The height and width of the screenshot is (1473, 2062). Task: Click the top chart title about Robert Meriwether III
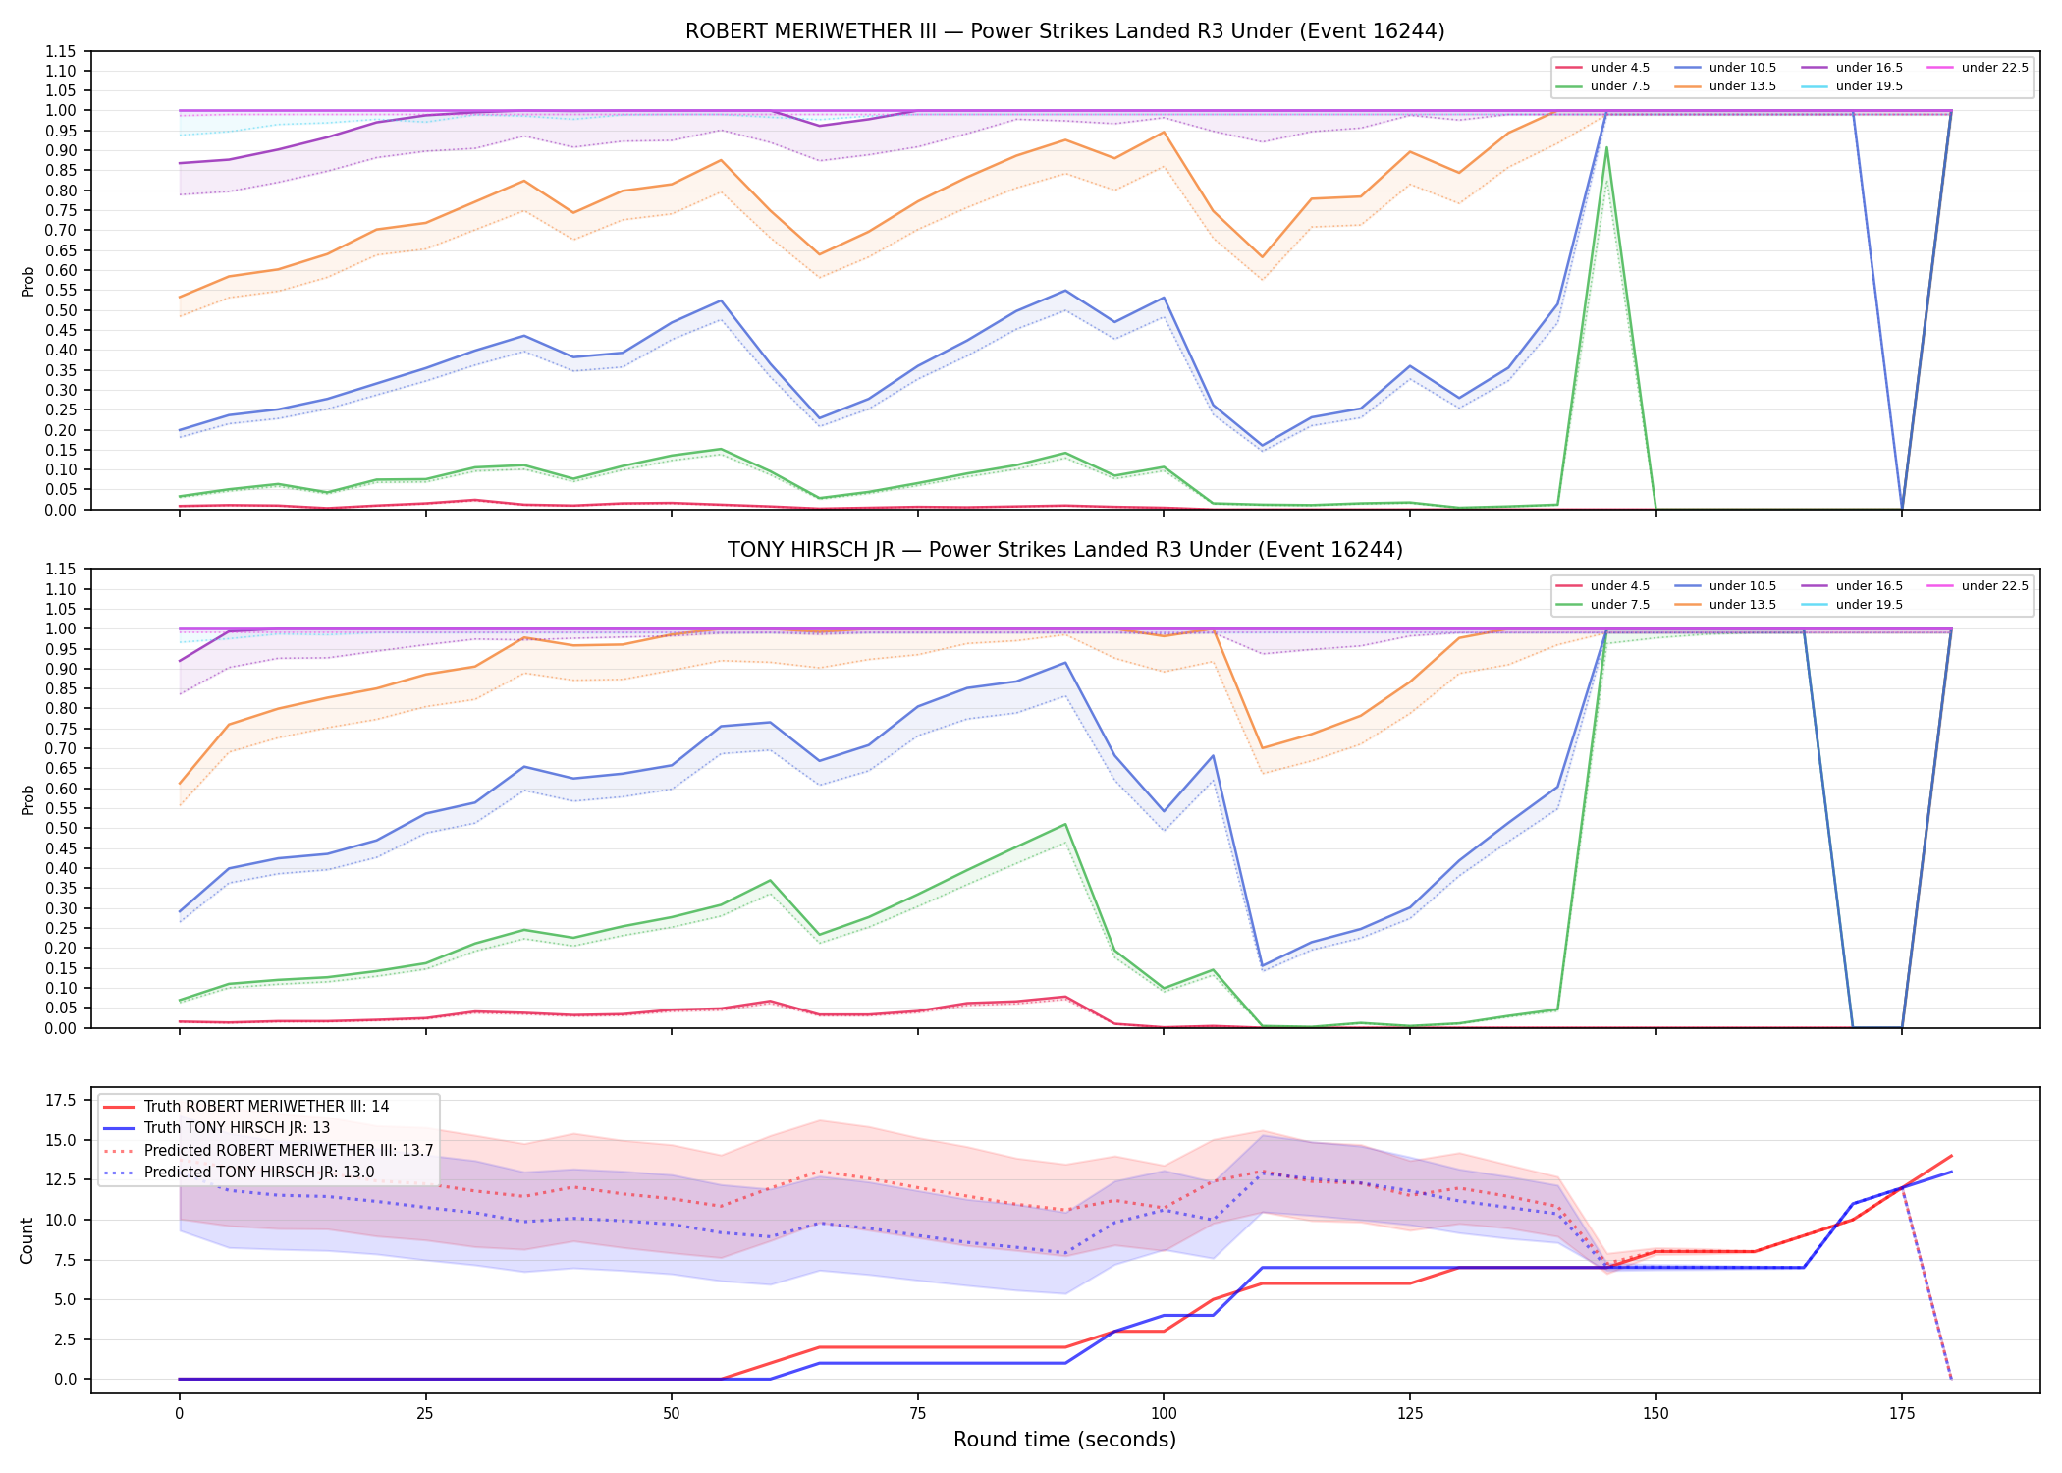(1064, 31)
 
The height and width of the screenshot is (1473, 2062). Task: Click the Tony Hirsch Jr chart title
(1064, 550)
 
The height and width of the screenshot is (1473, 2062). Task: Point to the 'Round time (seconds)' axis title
(1064, 1440)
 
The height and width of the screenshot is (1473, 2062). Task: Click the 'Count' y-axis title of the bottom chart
(27, 1240)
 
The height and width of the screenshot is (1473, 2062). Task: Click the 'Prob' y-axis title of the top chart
(27, 281)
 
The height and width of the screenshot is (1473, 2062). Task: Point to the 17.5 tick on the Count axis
(62, 1100)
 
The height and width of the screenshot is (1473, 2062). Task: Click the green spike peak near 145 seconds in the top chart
(1606, 147)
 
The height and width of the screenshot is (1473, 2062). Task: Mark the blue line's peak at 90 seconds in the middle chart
(1065, 662)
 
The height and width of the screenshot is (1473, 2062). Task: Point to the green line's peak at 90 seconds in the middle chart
(1065, 824)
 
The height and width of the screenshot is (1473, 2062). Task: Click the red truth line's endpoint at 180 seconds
(1951, 1156)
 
